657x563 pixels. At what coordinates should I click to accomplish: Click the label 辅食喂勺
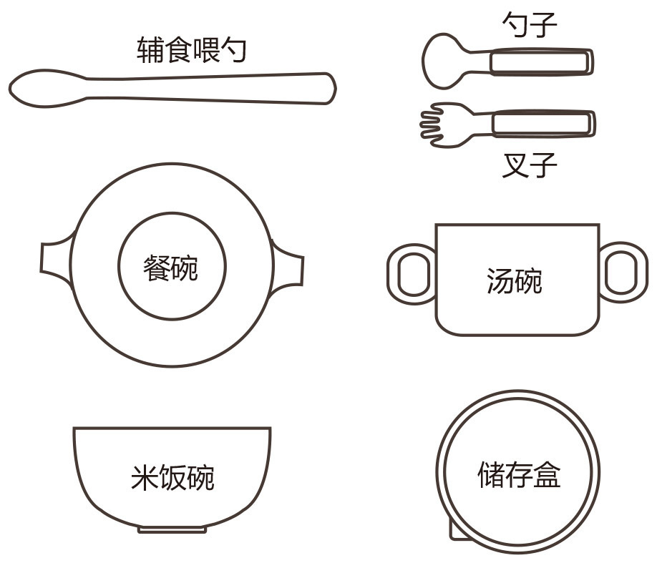[x=192, y=50]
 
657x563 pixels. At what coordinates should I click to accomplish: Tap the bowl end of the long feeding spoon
[x=46, y=89]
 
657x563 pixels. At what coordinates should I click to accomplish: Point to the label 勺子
[x=530, y=24]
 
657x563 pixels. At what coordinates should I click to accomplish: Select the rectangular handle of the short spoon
[x=541, y=62]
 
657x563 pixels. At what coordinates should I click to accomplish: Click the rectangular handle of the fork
[x=543, y=124]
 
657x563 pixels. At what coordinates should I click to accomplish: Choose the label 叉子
[x=530, y=165]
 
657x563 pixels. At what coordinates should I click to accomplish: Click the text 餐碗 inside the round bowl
[x=170, y=268]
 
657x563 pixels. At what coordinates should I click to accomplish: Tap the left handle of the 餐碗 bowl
[x=57, y=258]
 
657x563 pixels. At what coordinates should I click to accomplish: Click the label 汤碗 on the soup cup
[x=515, y=280]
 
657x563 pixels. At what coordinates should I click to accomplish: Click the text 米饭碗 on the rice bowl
[x=172, y=477]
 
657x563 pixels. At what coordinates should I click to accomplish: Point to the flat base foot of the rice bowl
[x=172, y=530]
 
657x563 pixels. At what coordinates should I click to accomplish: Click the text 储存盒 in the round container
[x=519, y=474]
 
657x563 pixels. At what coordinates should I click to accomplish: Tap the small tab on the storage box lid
[x=455, y=531]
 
